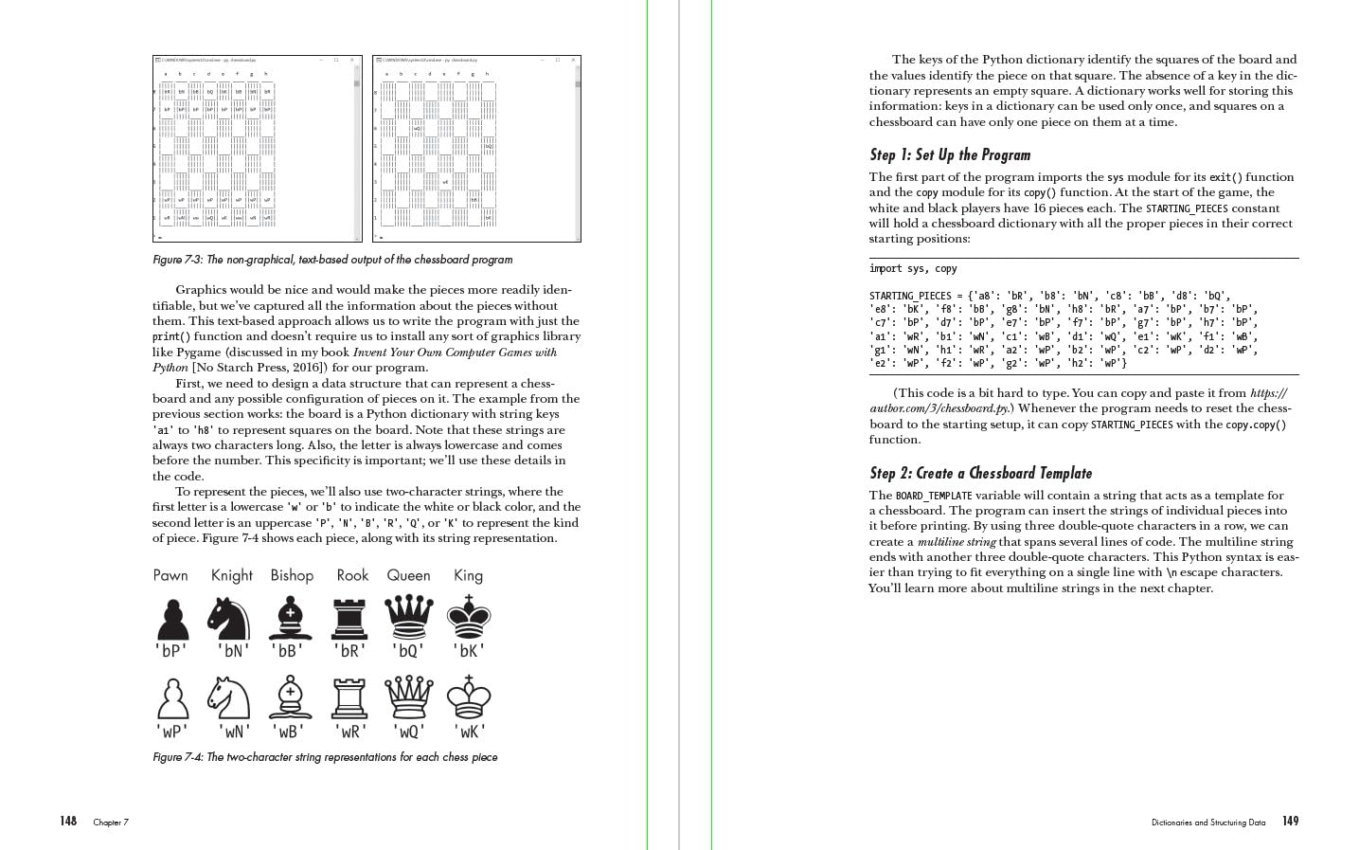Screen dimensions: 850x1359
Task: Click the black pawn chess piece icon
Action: click(x=171, y=620)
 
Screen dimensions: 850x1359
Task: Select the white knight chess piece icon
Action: click(x=231, y=698)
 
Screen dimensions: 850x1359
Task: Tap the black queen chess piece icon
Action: click(x=409, y=619)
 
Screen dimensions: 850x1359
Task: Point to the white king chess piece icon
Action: click(x=468, y=698)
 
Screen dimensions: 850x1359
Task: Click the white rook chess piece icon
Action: click(x=349, y=698)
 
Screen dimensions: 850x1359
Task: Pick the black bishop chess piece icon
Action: click(x=290, y=620)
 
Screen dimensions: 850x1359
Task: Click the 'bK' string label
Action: click(x=469, y=651)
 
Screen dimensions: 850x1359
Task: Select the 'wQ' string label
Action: click(x=409, y=732)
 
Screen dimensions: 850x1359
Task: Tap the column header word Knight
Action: click(x=231, y=575)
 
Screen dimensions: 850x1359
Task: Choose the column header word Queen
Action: click(x=408, y=575)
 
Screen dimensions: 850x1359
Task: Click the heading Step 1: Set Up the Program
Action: click(x=950, y=155)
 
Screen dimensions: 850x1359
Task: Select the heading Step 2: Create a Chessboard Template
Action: click(x=980, y=473)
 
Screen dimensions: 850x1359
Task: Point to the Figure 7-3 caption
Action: click(x=332, y=260)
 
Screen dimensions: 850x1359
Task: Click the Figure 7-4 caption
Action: click(x=325, y=757)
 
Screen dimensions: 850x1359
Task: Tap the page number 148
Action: click(x=68, y=822)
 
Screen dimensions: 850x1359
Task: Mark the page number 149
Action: click(x=1290, y=822)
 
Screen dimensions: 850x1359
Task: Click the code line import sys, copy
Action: click(x=913, y=269)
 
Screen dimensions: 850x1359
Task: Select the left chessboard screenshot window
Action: click(x=257, y=149)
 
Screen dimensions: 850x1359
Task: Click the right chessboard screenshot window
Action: click(x=476, y=149)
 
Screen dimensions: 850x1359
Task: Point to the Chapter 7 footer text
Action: click(x=111, y=823)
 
